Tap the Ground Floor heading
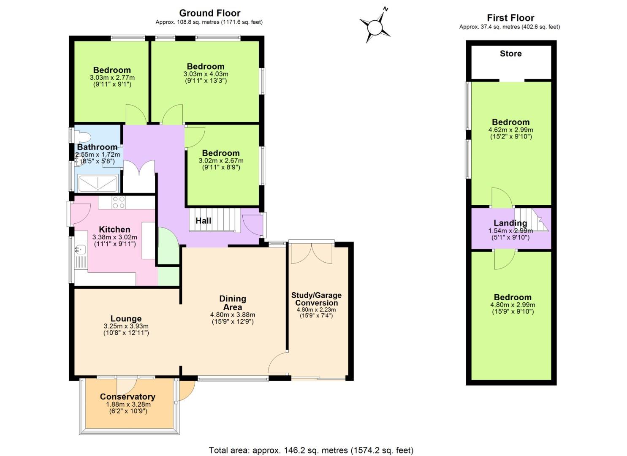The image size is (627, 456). [x=209, y=13]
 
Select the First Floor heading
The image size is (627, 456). [x=510, y=18]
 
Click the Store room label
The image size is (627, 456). [x=510, y=54]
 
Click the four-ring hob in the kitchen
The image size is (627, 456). [x=119, y=202]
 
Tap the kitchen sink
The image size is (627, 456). [x=80, y=250]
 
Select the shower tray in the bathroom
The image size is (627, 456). [x=98, y=183]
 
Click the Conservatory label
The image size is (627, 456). [x=128, y=397]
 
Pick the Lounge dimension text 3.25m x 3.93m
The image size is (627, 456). [x=126, y=326]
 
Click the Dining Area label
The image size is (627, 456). [x=233, y=303]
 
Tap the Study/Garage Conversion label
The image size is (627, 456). [x=316, y=299]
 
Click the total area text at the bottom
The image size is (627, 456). [x=311, y=450]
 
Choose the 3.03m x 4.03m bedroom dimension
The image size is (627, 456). [x=206, y=74]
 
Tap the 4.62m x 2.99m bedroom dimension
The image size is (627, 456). [x=510, y=130]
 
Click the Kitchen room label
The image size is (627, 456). [x=114, y=230]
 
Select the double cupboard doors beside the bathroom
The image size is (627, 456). [x=139, y=173]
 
